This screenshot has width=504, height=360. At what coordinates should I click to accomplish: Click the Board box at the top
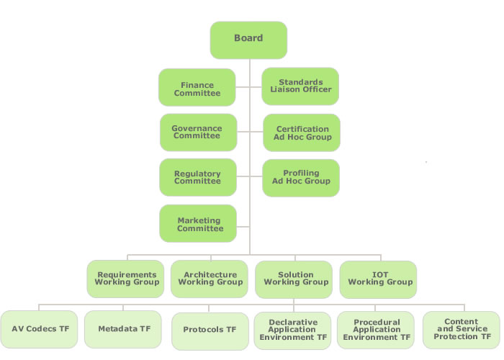(248, 40)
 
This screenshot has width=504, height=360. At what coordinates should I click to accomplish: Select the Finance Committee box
(197, 88)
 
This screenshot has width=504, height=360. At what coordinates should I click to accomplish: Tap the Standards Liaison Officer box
(300, 86)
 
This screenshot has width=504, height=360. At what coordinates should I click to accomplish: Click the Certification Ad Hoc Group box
(301, 132)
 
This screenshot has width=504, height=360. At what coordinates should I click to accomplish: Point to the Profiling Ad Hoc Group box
(301, 178)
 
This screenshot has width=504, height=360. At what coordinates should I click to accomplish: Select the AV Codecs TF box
(40, 329)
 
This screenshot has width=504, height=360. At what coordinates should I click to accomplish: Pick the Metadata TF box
(124, 329)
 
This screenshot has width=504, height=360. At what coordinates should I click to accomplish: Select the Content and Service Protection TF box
(461, 330)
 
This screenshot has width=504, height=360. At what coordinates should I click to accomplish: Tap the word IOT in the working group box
(379, 275)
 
